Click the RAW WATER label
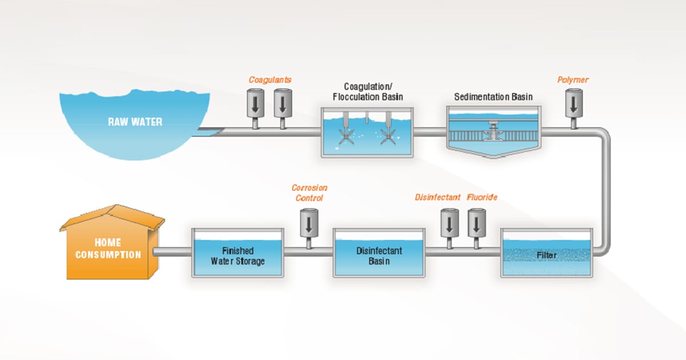pyautogui.click(x=136, y=122)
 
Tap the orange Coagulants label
pyautogui.click(x=266, y=80)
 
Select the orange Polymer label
pyautogui.click(x=572, y=80)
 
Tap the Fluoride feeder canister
pyautogui.click(x=476, y=223)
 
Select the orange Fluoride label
pyautogui.click(x=482, y=198)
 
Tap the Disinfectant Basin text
pyautogui.click(x=379, y=256)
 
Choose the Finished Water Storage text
pyautogui.click(x=237, y=256)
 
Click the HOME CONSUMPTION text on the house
pyautogui.click(x=107, y=249)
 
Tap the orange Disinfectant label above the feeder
pyautogui.click(x=437, y=198)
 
